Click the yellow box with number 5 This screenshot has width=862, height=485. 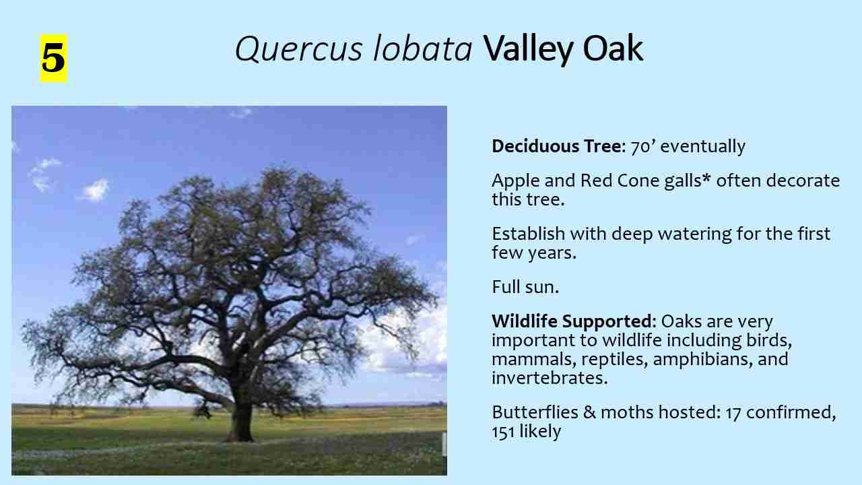pos(54,58)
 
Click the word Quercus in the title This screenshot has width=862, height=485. pos(299,49)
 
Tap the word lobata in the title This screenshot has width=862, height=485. pos(422,48)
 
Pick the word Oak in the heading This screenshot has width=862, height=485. pos(614,48)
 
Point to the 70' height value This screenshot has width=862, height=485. pos(642,146)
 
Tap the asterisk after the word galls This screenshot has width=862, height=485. pos(706,179)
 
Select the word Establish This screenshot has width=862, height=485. pos(529,234)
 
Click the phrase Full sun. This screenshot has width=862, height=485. pos(525,287)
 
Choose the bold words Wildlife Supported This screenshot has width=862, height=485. pos(572,321)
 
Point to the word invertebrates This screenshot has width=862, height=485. pos(550,378)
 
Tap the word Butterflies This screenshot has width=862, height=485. pos(535,412)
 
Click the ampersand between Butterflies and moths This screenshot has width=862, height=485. pos(589,413)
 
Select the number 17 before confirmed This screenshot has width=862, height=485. pos(733,413)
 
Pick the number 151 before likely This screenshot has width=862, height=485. pos(503,432)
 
